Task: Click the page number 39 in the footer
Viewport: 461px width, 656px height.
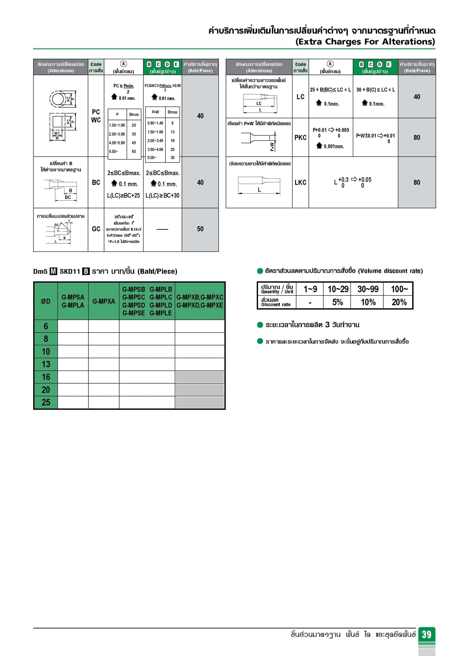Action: tap(427, 634)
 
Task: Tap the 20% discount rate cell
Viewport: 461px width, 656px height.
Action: tap(399, 302)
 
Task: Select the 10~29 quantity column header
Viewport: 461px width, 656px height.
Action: tap(338, 289)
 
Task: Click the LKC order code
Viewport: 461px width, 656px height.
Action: tap(300, 182)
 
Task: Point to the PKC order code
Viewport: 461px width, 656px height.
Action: tap(300, 138)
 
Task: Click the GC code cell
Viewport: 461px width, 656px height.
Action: tap(96, 229)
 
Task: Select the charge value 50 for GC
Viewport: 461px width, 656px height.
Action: tap(200, 229)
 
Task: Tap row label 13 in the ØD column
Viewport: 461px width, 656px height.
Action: tap(46, 364)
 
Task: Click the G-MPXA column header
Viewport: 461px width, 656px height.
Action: tap(104, 301)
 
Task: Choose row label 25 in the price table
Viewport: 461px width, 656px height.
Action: tap(46, 402)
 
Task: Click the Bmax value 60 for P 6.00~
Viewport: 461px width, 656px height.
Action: tap(134, 151)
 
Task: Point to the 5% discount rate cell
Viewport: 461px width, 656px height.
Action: tap(338, 302)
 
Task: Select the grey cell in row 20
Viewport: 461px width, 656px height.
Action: tap(200, 390)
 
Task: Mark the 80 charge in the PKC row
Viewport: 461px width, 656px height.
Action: tap(417, 138)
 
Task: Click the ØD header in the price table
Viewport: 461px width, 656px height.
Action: tap(46, 301)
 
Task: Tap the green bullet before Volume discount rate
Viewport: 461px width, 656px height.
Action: tap(260, 271)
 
